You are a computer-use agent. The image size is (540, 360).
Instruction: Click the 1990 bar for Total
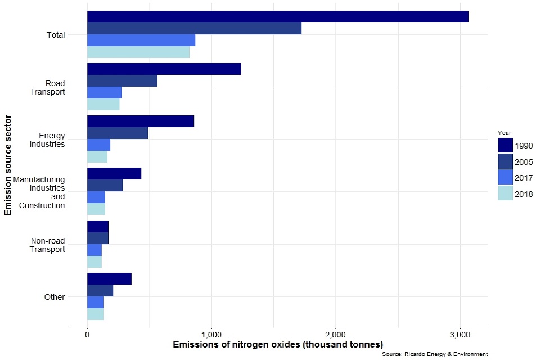coord(278,16)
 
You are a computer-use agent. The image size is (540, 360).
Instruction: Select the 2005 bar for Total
coord(194,28)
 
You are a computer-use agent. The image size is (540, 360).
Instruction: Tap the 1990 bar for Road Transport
coord(164,69)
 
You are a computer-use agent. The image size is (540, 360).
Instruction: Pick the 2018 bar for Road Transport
coord(103,105)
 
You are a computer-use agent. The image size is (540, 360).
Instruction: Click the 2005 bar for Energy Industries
coord(118,133)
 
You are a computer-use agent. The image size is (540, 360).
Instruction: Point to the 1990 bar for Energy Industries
coord(141,121)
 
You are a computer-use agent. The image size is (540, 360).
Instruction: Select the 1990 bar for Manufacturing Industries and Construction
coord(114,173)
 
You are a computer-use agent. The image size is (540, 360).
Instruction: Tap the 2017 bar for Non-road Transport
coord(94,250)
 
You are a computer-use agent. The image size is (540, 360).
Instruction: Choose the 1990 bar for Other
coord(109,278)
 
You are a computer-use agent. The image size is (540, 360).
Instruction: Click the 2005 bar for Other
coord(100,290)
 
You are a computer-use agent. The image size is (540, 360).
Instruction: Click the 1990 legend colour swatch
coord(505,146)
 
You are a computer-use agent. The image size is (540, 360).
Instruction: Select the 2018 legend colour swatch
coord(505,193)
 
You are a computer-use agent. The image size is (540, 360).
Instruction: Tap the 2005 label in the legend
coord(524,162)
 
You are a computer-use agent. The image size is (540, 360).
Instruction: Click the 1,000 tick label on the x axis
coord(211,335)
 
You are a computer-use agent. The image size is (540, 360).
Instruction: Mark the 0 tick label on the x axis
coord(87,335)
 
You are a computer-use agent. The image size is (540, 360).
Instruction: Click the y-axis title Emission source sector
coord(8,165)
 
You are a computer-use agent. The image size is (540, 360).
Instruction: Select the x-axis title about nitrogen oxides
coord(278,344)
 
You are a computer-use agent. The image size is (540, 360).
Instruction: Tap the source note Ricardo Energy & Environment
coord(434,354)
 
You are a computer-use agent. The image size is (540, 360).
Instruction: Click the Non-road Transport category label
coord(48,245)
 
